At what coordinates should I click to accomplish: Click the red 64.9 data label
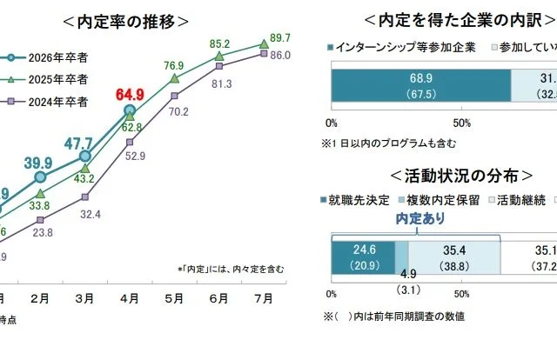coord(129,94)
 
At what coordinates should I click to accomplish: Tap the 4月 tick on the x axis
coord(129,298)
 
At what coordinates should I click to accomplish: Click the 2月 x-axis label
coord(39,298)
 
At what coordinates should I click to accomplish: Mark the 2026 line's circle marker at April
coord(129,110)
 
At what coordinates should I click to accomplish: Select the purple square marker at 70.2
coord(174,95)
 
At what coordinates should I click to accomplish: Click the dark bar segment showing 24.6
coord(362,257)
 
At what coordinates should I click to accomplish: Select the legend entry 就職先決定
coord(353,200)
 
